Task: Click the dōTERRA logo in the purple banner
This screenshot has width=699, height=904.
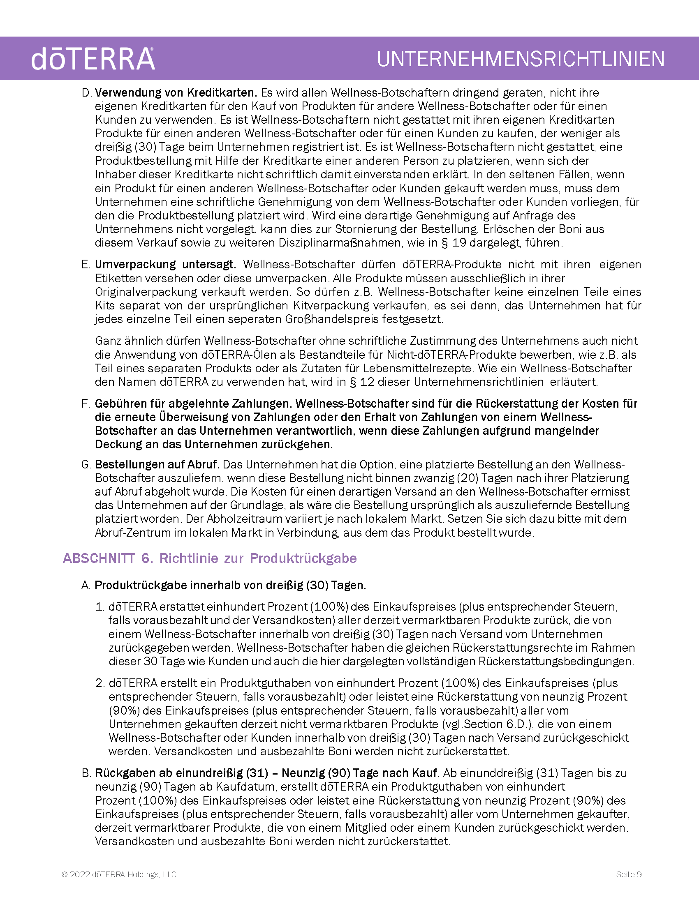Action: click(93, 59)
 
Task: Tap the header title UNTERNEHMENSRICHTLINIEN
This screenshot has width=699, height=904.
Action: click(521, 59)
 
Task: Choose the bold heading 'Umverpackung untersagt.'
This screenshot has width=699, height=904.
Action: click(165, 265)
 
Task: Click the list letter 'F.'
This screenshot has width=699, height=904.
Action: click(86, 404)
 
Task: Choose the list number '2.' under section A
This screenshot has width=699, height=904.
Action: click(100, 683)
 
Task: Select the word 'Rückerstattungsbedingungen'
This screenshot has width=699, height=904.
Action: click(556, 662)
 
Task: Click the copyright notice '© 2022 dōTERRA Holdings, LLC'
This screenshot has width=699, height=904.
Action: click(119, 874)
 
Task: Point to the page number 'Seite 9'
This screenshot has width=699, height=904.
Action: click(629, 874)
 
